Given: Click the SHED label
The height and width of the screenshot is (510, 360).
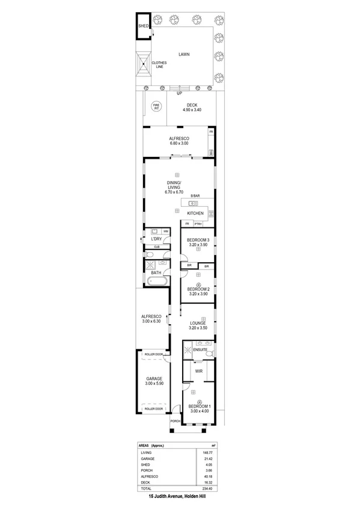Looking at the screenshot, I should click(143, 26).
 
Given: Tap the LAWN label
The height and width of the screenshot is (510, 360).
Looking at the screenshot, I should click(184, 55).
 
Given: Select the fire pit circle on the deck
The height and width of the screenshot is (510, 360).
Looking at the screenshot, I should click(156, 106).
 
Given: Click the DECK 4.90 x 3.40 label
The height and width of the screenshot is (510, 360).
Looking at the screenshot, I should click(192, 108).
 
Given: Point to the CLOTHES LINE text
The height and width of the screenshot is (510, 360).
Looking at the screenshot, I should click(159, 64).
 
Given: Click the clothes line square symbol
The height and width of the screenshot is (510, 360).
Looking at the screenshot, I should click(143, 65).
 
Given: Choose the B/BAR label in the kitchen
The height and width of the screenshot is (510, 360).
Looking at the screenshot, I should click(195, 197).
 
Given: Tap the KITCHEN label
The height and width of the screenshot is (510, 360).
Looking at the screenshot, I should click(196, 214).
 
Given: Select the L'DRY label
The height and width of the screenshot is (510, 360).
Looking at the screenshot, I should click(157, 239).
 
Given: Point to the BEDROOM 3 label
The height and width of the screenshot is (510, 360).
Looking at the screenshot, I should click(198, 242).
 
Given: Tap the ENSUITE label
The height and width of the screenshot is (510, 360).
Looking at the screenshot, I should click(200, 349).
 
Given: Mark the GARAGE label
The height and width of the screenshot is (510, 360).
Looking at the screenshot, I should click(154, 381).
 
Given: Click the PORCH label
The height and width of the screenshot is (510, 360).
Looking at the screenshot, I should click(175, 421).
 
